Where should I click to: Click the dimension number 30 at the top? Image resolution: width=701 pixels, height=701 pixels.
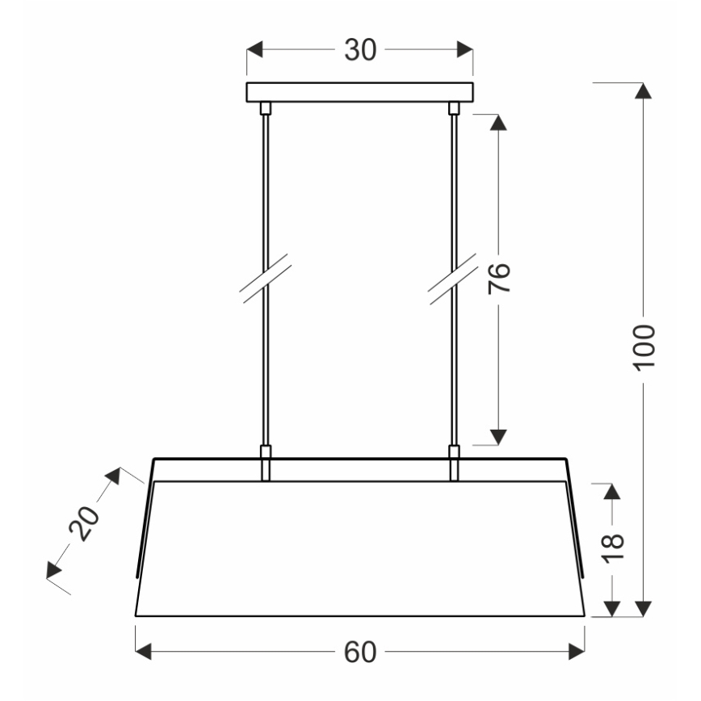click(360, 50)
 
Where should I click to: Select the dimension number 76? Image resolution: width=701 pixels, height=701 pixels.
click(501, 279)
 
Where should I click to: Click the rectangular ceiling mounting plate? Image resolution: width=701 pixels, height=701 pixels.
click(359, 91)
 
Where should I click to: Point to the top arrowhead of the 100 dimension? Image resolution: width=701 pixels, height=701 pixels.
click(644, 91)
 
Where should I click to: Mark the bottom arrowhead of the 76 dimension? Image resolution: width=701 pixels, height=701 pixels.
click(499, 437)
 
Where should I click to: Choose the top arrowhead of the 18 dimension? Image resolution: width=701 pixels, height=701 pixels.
click(613, 490)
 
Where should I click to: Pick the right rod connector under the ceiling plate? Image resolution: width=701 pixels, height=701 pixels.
click(453, 107)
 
